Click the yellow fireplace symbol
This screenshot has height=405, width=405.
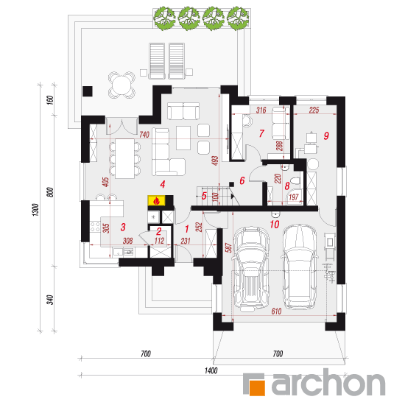pos(156,201)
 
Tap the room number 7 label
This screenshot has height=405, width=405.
pos(261,133)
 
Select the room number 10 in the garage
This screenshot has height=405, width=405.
pos(275,224)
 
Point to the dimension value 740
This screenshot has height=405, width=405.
pos(144,135)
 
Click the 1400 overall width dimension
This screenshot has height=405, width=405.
pos(211,370)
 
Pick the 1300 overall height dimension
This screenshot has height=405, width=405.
pos(35,210)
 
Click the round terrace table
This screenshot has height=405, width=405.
pos(121,85)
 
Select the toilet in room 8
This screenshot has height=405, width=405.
pos(295,180)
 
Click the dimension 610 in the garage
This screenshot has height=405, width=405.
pos(276,311)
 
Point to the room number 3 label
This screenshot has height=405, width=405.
pos(123,227)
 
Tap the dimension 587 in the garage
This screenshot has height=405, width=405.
pos(228,247)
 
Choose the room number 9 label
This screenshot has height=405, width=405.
pos(326,135)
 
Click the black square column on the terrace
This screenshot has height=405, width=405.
pos(88,91)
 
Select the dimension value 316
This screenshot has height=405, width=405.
pos(261,110)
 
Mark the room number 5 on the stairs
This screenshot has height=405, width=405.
pos(204,196)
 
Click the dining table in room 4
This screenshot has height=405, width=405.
pos(124,158)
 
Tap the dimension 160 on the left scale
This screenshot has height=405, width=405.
pos(50,100)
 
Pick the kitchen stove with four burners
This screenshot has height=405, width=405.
pos(95,227)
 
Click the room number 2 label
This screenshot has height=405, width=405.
pos(159,231)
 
